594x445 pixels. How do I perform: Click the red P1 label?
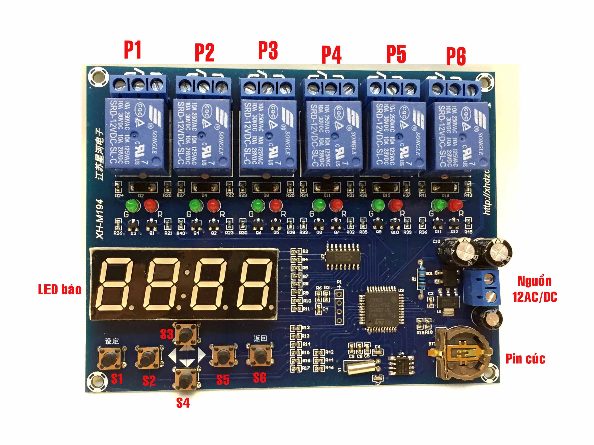coord(132,50)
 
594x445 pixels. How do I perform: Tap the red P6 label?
coord(456,56)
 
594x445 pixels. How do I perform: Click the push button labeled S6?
coord(260,355)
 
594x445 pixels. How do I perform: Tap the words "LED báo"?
coord(60,290)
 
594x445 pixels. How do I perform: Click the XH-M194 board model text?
coord(100,219)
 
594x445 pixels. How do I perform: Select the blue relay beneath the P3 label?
coord(268,136)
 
